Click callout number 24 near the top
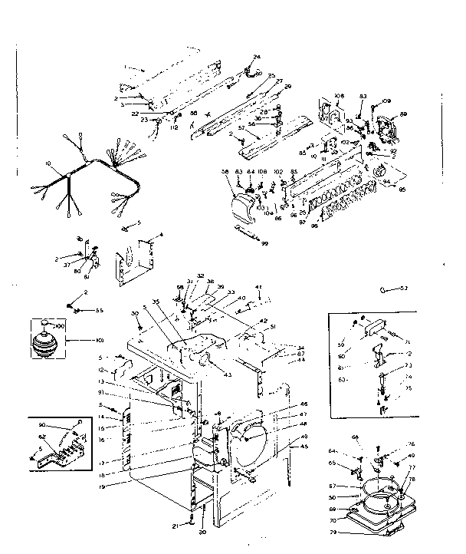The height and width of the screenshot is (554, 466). [x=257, y=58]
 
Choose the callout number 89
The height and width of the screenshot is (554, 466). [x=403, y=114]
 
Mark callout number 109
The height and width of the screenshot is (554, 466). [x=386, y=101]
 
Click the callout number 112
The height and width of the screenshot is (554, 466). [x=174, y=128]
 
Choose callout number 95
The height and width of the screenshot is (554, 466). [x=402, y=188]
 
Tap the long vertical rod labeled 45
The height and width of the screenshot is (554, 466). [x=290, y=468]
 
